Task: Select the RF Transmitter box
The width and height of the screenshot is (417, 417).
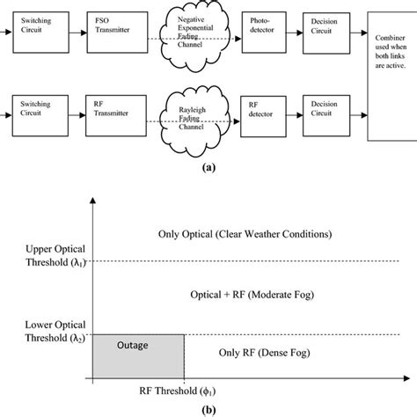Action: (x=110, y=111)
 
